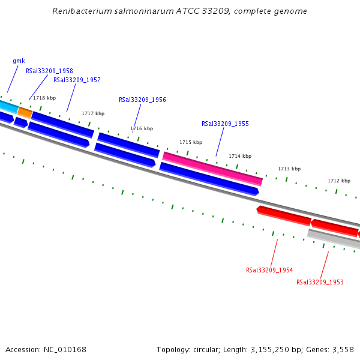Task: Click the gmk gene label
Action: (x=19, y=61)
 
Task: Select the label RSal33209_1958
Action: (x=49, y=71)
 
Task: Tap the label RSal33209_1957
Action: (x=77, y=80)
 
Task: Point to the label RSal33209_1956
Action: (x=142, y=100)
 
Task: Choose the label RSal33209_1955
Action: (x=225, y=124)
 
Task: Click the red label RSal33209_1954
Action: (x=269, y=270)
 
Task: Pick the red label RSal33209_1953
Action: (x=320, y=282)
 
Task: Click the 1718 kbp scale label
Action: (x=44, y=98)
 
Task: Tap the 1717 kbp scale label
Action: (x=93, y=113)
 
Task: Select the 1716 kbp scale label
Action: (x=142, y=128)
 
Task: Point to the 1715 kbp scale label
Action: (x=191, y=142)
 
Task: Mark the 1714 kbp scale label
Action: (x=240, y=156)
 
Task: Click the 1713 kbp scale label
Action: (x=289, y=169)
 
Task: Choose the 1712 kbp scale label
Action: (x=339, y=181)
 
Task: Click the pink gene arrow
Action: (x=212, y=169)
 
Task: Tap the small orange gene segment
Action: (x=25, y=112)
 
